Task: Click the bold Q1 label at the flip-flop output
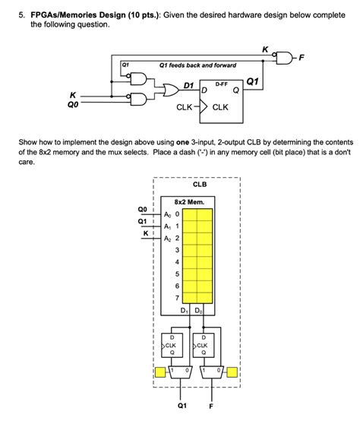click(253, 81)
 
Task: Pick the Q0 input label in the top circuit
click(74, 107)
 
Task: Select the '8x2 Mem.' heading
click(189, 202)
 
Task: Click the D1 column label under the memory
click(185, 312)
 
